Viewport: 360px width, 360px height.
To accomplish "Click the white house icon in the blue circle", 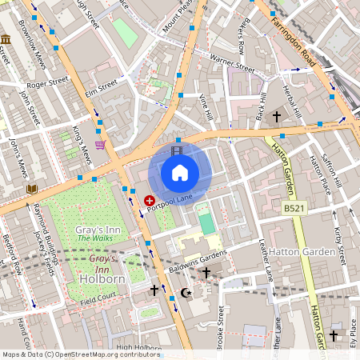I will pyautogui.click(x=179, y=171).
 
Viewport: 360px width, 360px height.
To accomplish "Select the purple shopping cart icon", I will pyautogui.click(x=100, y=145).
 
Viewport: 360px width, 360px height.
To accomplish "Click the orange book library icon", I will pyautogui.click(x=31, y=189).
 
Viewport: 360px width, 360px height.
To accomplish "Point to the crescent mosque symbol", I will pyautogui.click(x=186, y=293).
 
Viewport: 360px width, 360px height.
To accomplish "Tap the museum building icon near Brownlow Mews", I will pyautogui.click(x=6, y=39).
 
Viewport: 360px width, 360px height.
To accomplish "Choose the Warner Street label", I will pyautogui.click(x=231, y=63).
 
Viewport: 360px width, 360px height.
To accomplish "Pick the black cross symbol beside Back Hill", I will pyautogui.click(x=277, y=117).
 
